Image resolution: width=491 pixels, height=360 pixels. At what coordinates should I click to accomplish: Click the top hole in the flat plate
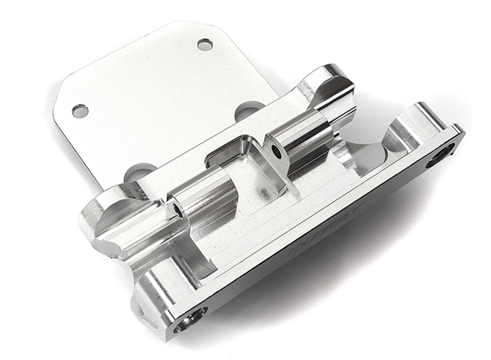pyautogui.click(x=205, y=44)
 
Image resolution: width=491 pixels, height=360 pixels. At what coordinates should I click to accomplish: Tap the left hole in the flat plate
pyautogui.click(x=80, y=111)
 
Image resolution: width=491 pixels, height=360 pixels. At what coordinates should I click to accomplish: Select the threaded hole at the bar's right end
pyautogui.click(x=440, y=155)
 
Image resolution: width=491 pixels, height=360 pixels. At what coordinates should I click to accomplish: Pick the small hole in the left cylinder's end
pyautogui.click(x=178, y=211)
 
